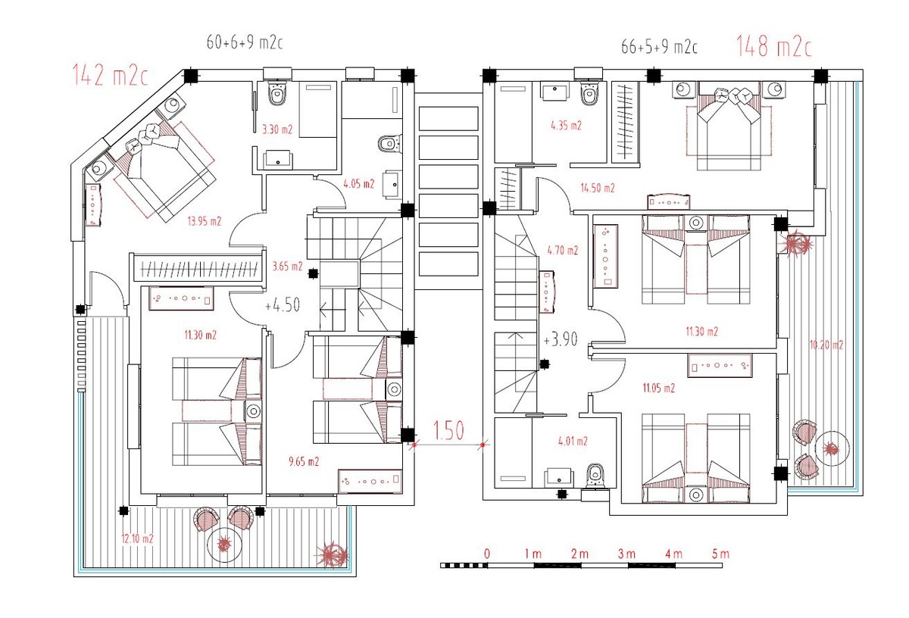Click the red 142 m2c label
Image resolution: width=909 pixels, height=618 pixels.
110,76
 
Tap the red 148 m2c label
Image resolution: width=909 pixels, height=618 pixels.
774,46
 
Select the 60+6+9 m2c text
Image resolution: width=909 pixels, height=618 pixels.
245,42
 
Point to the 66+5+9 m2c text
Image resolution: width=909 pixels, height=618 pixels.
660,47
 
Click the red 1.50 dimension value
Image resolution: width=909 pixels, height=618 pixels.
448,430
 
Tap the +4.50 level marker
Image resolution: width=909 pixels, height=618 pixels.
283,304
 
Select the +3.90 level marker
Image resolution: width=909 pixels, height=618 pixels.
561,339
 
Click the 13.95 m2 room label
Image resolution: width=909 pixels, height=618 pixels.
204,221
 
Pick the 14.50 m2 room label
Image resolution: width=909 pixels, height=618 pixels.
598,188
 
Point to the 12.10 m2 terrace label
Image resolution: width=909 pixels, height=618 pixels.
138,539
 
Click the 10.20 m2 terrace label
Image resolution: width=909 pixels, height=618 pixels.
826,345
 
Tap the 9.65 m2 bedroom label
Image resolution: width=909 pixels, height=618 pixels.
304,461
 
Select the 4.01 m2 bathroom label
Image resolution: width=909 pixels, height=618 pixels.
573,441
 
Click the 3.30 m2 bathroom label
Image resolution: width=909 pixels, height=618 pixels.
277,130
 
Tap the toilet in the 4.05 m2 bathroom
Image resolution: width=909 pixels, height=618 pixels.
389,144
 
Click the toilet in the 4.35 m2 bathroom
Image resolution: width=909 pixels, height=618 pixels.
589,94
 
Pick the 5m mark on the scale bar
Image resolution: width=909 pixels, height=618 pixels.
720,554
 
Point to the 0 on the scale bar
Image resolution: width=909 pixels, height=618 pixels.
487,554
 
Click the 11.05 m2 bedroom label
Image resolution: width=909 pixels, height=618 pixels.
658,389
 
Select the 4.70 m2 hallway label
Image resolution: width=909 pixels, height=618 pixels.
562,251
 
